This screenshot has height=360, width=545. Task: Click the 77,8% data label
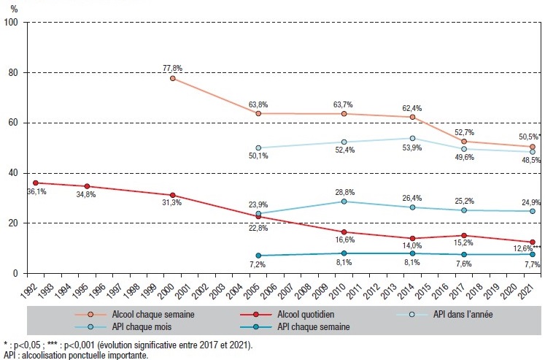[x=172, y=68]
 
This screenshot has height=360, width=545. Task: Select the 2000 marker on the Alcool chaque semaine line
[x=173, y=78]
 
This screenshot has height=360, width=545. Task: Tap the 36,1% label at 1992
[x=36, y=192]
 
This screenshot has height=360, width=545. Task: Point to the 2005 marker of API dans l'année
[x=258, y=148]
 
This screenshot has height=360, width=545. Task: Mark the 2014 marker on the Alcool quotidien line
[x=412, y=238]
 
